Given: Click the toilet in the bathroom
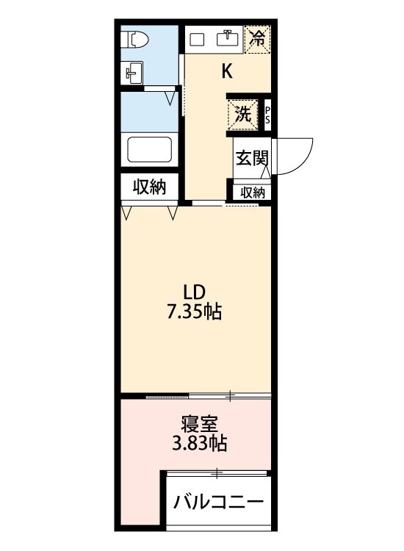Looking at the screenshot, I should tap(135, 40).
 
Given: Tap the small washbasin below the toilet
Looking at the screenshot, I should tap(133, 72).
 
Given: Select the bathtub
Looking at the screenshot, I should tap(150, 150).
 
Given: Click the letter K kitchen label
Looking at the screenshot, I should tap(228, 71).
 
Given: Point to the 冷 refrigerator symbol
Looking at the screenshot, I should tap(258, 38).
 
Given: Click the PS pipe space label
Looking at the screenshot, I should tap(267, 115).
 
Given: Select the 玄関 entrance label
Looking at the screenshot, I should tap(250, 158).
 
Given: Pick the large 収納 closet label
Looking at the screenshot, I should tap(149, 187).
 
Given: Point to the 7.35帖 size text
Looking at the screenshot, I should tap(193, 311).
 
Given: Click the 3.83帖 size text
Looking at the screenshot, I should tap(198, 444).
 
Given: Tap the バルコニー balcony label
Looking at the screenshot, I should tap(218, 503).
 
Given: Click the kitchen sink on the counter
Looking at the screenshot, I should tap(230, 38).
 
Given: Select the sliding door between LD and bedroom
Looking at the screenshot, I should tap(209, 397).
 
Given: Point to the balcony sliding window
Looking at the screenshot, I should tap(218, 473).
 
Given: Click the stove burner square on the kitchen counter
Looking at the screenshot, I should tap(198, 39).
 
